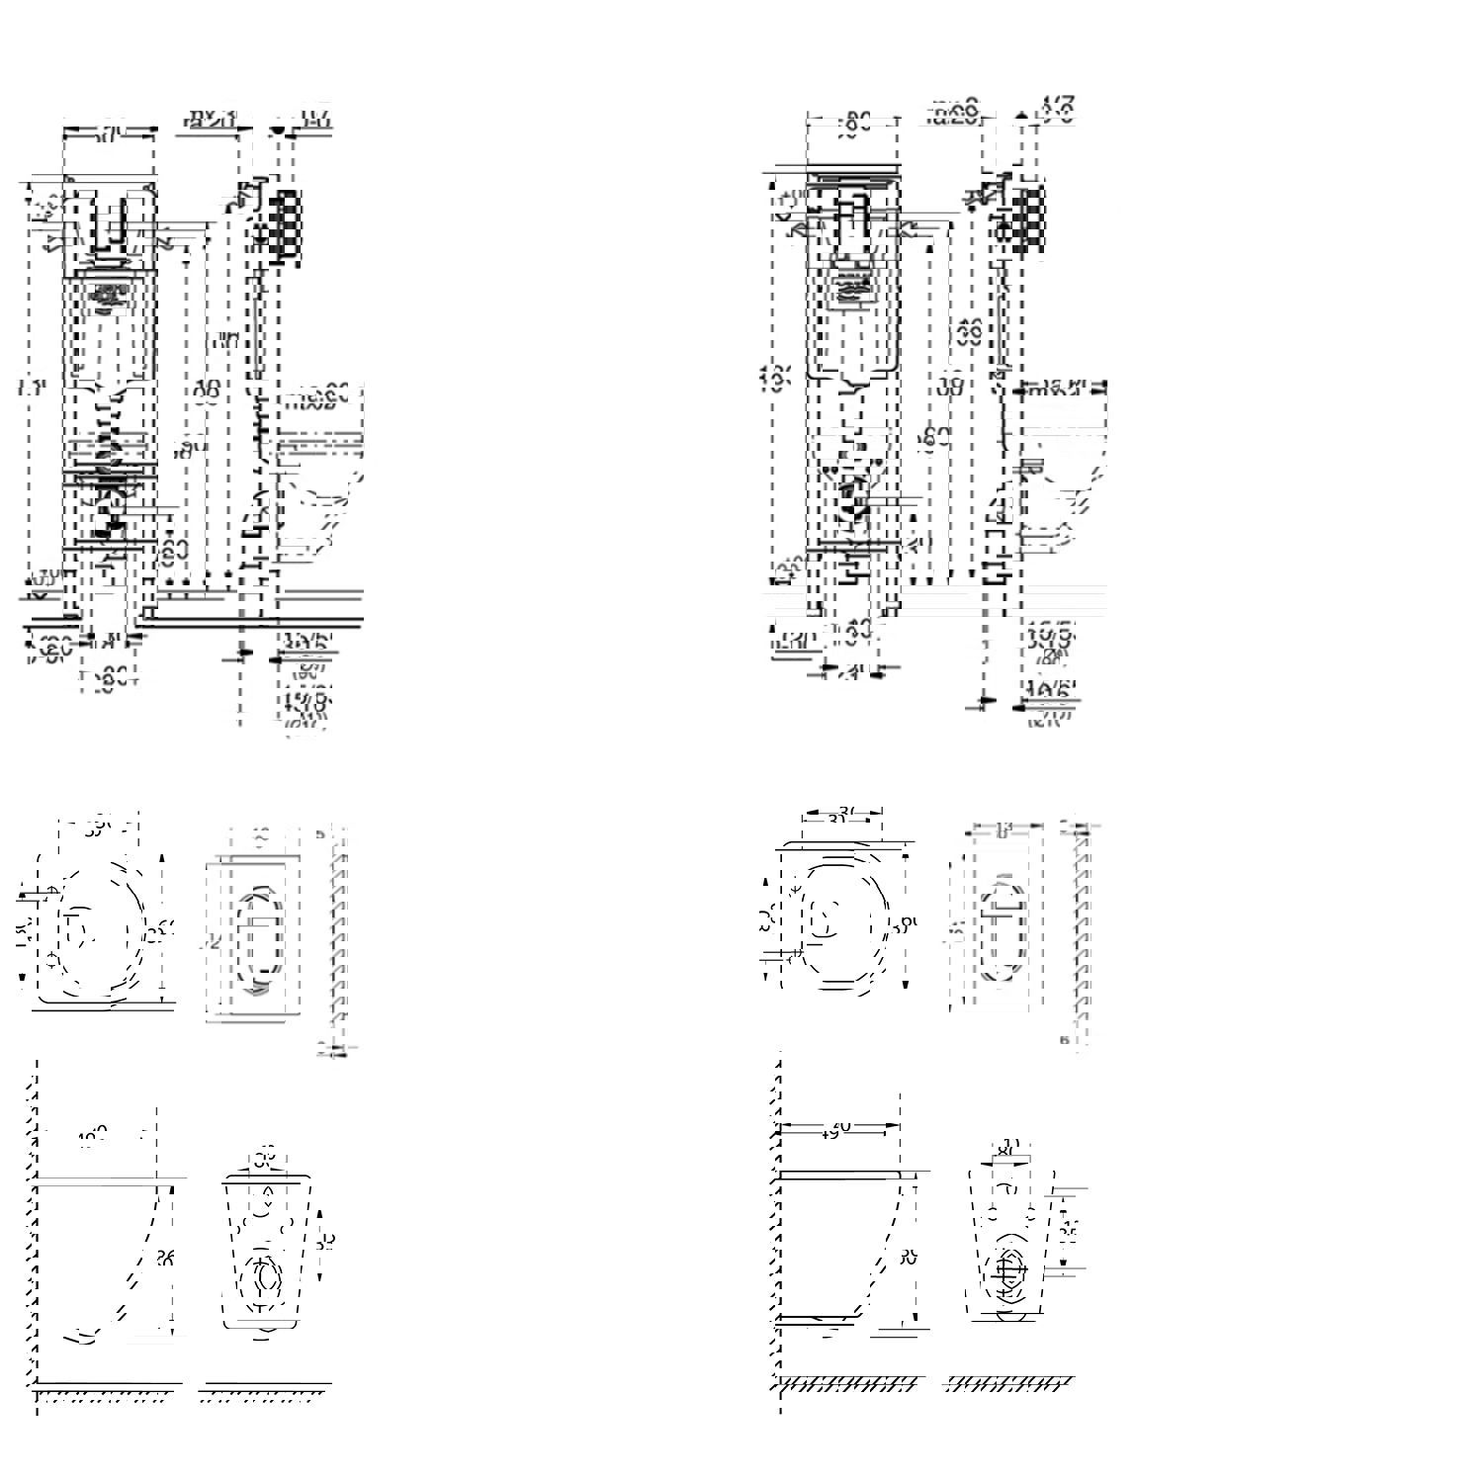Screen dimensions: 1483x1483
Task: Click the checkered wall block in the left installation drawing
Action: pos(286,226)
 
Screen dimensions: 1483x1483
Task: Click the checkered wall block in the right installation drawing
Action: pos(1029,218)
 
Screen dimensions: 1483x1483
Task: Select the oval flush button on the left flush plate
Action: pos(259,940)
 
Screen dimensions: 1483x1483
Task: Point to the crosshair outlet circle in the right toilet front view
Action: pos(1009,1276)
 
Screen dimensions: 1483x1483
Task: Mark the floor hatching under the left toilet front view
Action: pos(263,1397)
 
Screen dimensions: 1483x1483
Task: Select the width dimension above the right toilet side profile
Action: pos(840,1126)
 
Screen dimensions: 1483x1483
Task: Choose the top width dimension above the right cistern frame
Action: pos(853,122)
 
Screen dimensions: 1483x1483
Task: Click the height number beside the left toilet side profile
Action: pos(165,1258)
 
